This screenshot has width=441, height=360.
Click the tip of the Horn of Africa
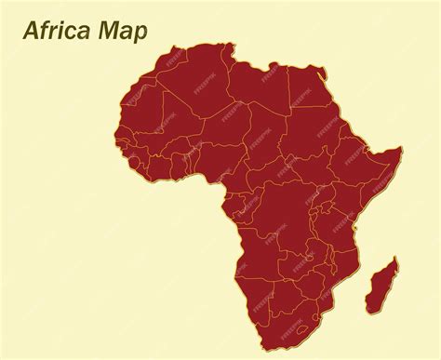[399, 149]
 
